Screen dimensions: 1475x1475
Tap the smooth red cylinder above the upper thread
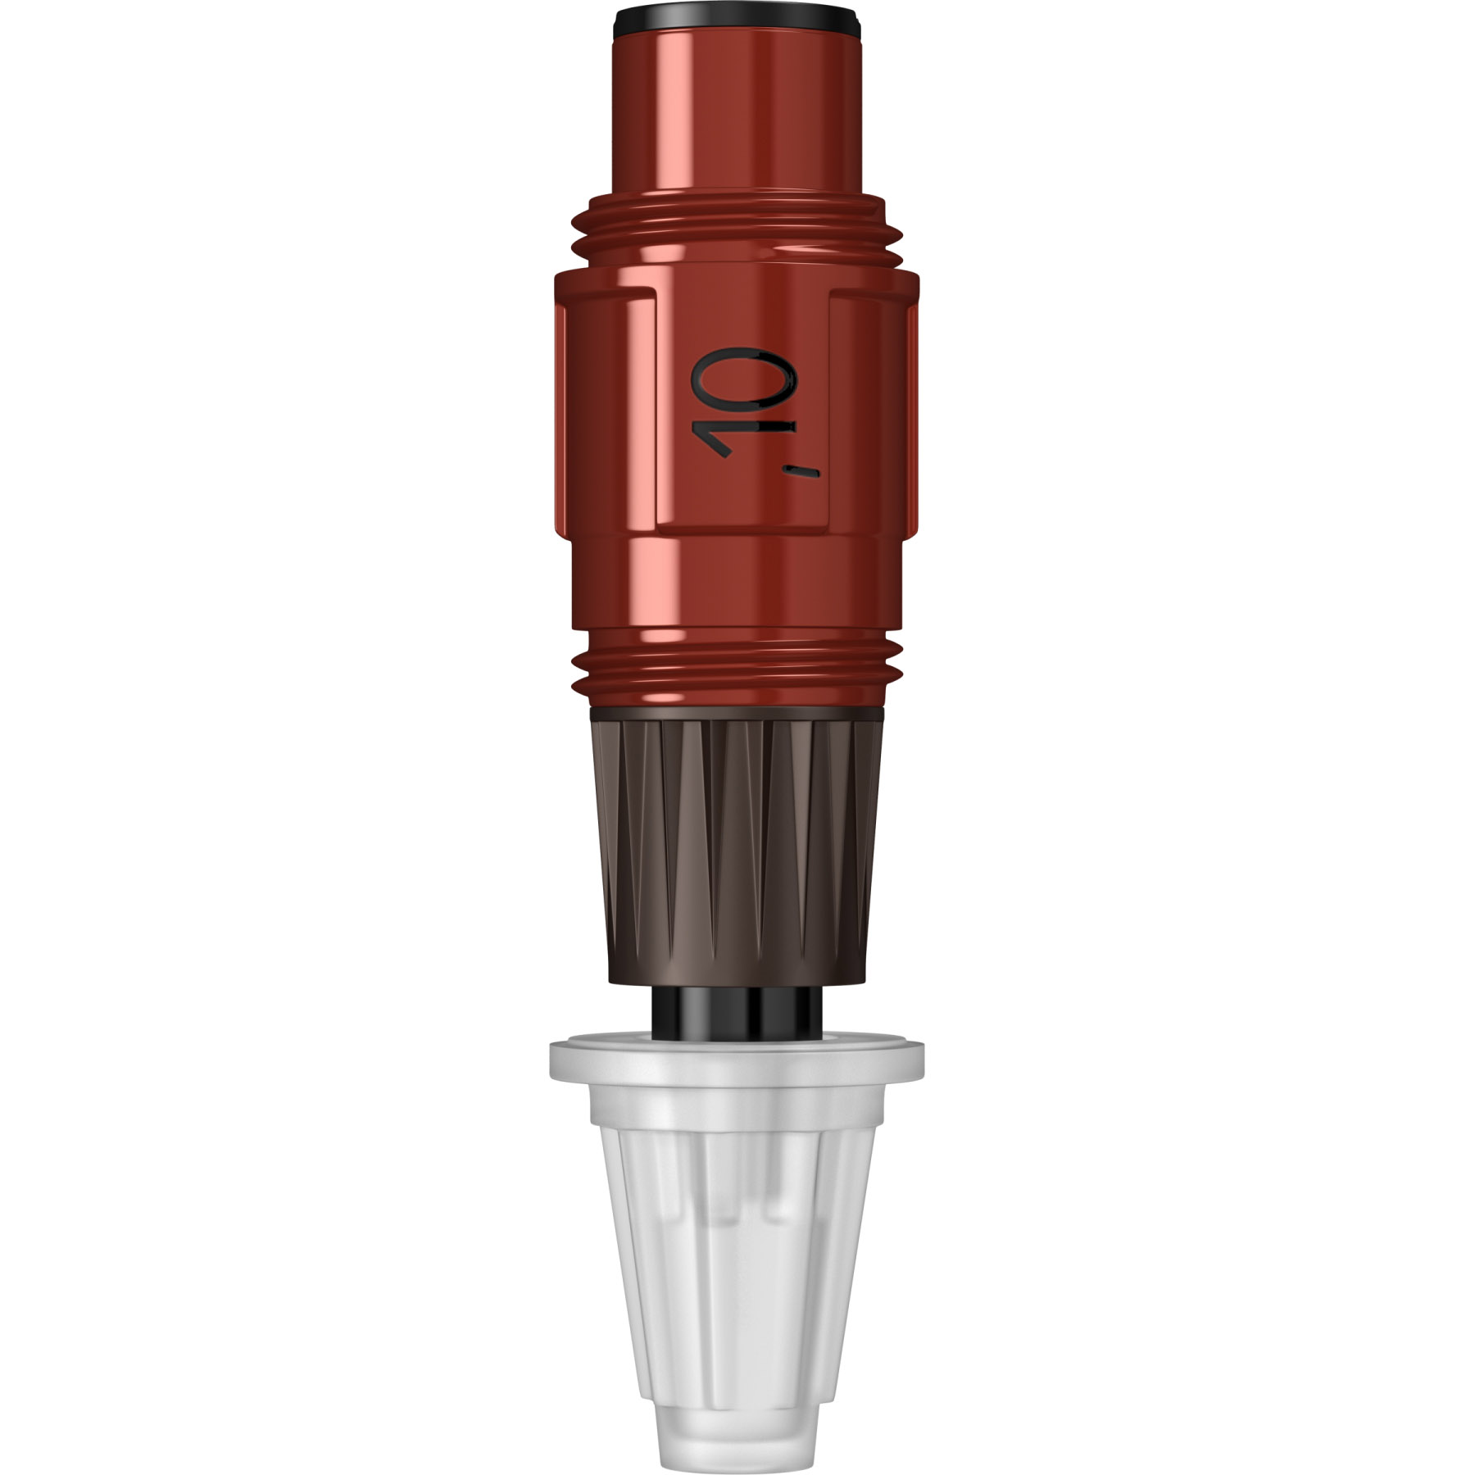pos(737,115)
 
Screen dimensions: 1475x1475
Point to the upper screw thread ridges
pos(737,234)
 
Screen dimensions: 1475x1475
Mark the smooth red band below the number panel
pos(737,586)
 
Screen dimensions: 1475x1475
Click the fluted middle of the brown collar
pos(737,836)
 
